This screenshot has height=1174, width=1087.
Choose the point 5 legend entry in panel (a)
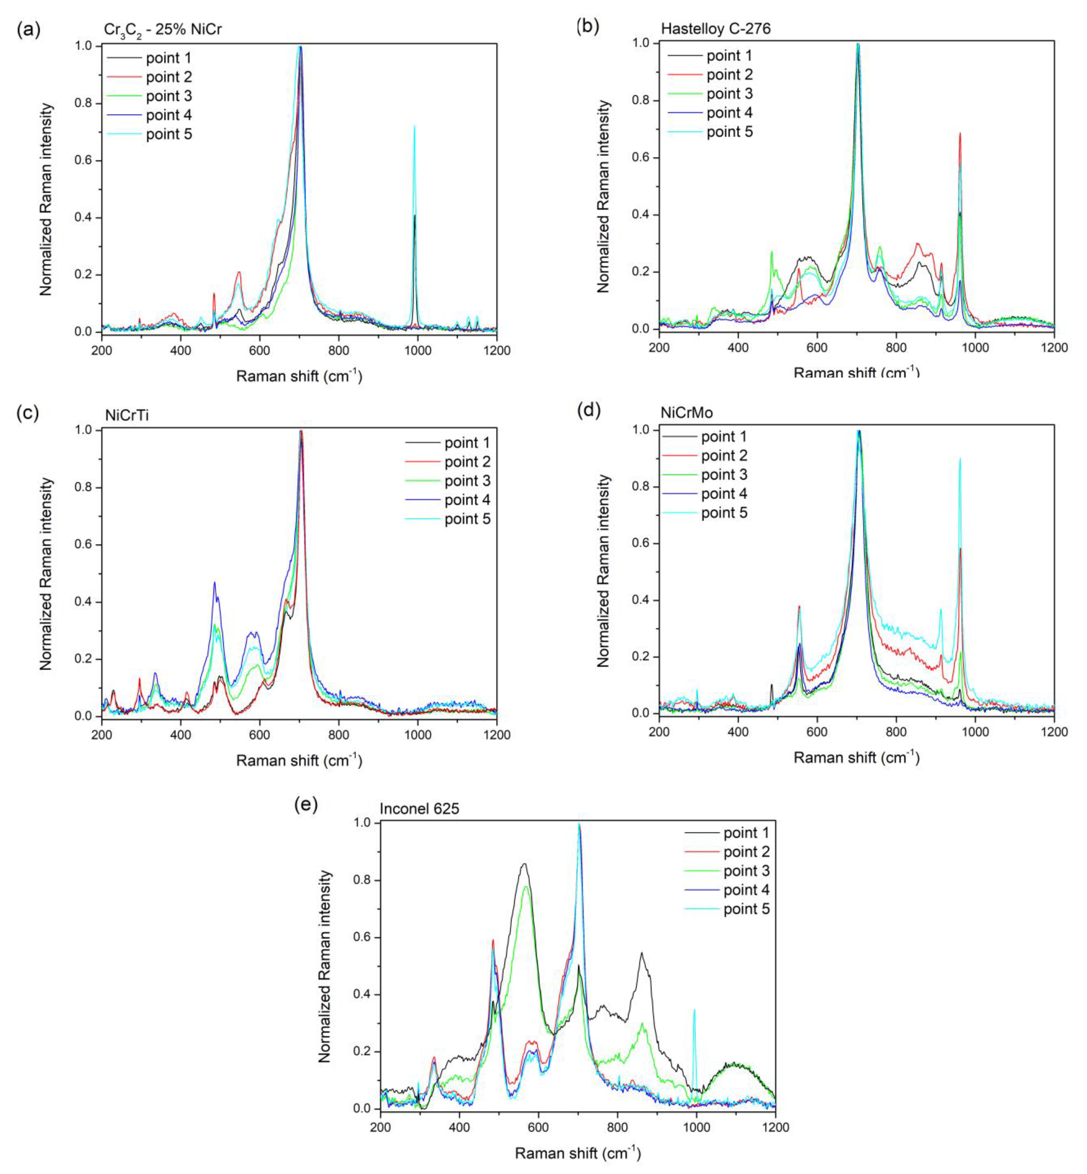click(169, 134)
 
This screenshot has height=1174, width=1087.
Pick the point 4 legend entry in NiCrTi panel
click(467, 500)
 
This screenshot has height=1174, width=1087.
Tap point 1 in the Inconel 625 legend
click(746, 833)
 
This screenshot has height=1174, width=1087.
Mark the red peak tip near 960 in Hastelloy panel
click(960, 133)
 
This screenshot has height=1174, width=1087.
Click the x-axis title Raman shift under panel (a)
click(299, 376)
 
